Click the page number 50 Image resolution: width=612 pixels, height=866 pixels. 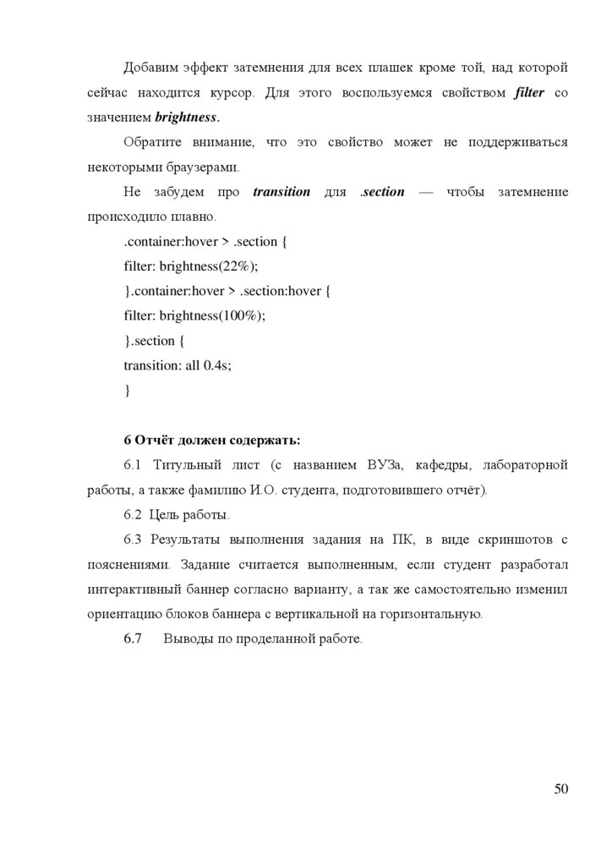click(x=560, y=789)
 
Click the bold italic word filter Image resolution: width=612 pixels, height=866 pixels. click(x=529, y=91)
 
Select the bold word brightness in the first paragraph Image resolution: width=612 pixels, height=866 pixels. click(x=187, y=116)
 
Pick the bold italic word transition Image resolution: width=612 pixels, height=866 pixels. click(x=281, y=192)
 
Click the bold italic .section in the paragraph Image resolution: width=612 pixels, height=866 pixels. click(x=383, y=192)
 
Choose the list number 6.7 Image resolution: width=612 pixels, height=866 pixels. click(x=134, y=639)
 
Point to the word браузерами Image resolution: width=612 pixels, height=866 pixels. click(x=192, y=166)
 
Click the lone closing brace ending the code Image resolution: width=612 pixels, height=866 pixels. click(x=127, y=391)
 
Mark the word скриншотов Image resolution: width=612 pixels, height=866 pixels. click(x=510, y=540)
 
